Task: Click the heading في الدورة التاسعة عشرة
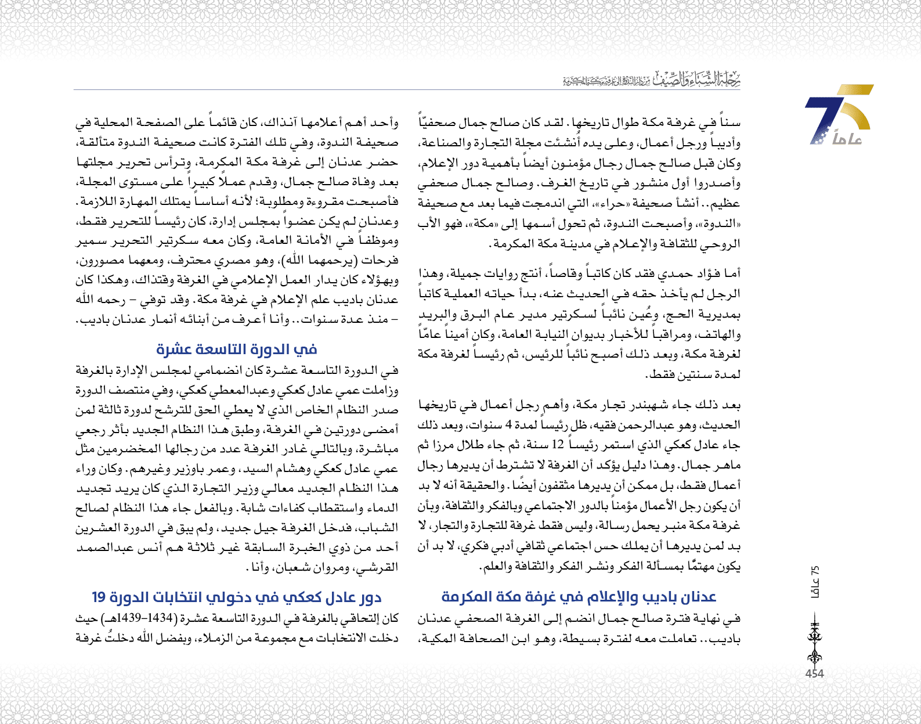click(x=237, y=350)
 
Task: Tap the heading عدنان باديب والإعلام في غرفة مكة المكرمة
click(x=579, y=597)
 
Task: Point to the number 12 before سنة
click(x=558, y=445)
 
